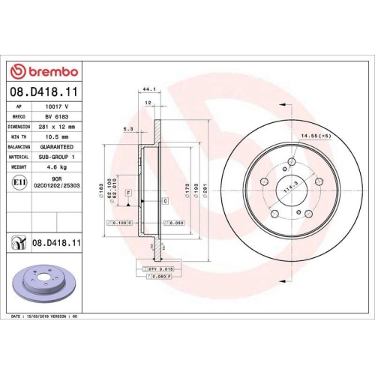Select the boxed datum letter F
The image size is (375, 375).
click(130, 193)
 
